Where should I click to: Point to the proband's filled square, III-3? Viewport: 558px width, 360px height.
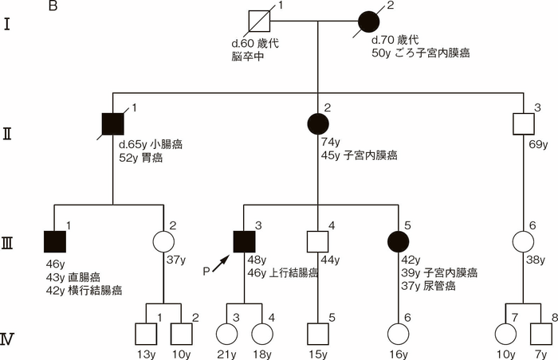pyautogui.click(x=244, y=240)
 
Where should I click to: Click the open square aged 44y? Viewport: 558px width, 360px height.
pyautogui.click(x=319, y=240)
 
